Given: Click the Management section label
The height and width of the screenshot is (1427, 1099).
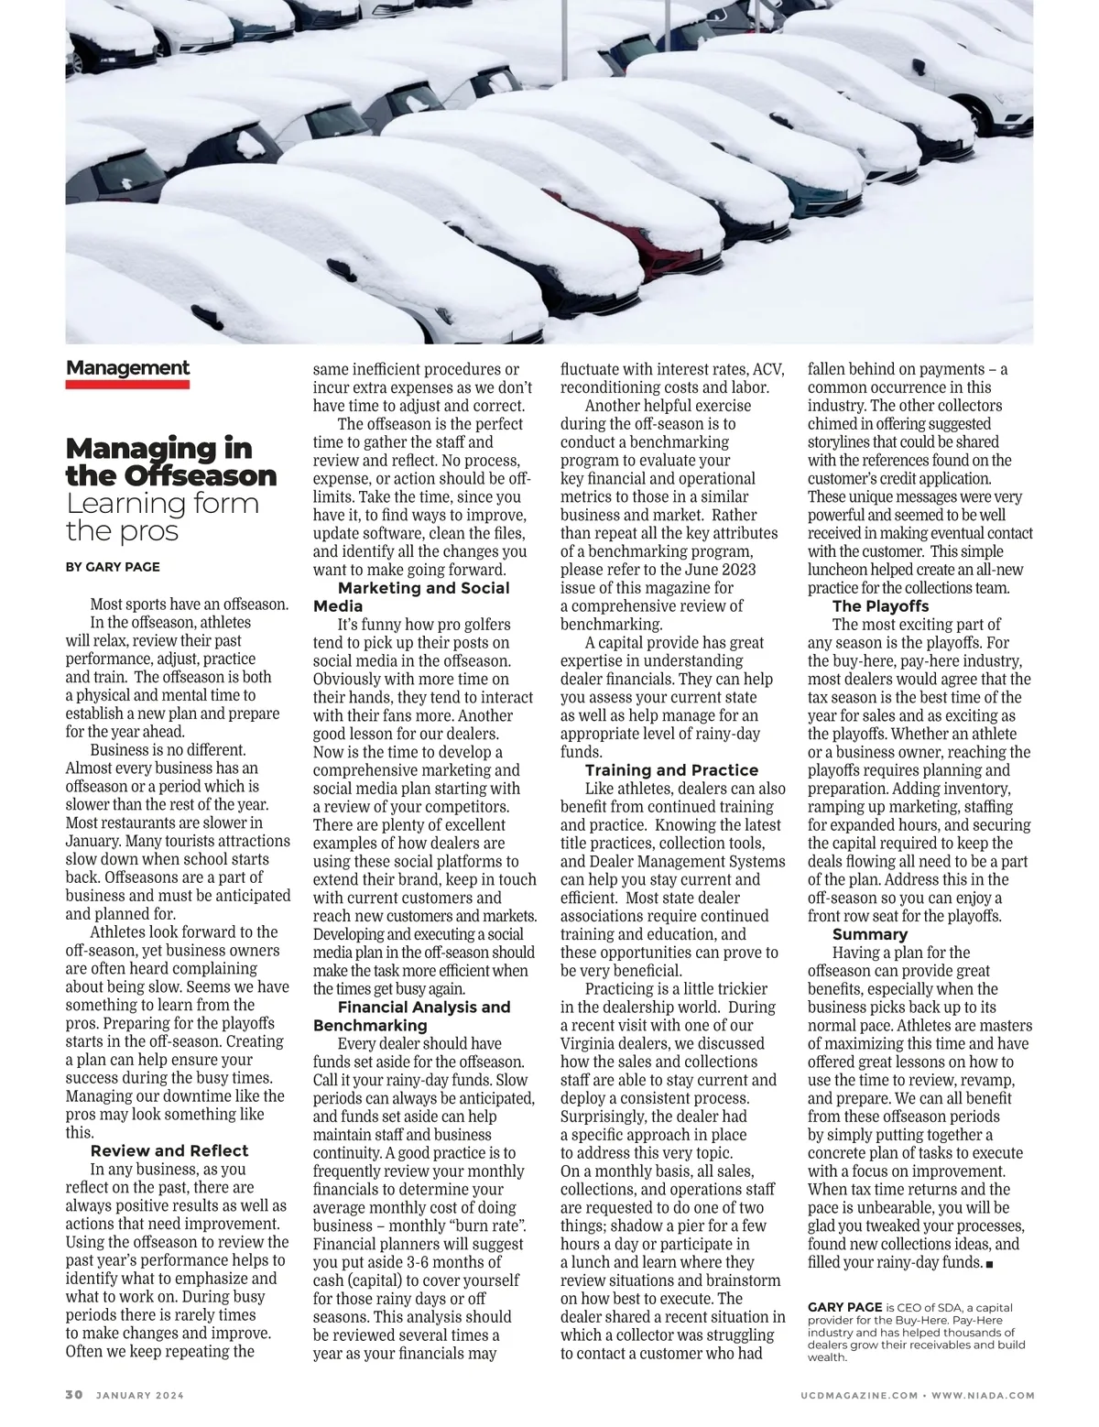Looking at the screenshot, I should [x=127, y=368].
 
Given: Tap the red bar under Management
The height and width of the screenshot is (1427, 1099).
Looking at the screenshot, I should [x=127, y=385].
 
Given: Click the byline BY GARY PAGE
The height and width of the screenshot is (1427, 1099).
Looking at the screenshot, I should [x=113, y=567].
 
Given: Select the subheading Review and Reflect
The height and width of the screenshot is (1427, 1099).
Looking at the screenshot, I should [x=169, y=1151].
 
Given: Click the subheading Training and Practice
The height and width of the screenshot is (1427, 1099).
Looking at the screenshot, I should [x=671, y=770].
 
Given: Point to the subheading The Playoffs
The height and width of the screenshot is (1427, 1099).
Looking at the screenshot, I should [x=880, y=606].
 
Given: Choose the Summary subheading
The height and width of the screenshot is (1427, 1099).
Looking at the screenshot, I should [x=869, y=934].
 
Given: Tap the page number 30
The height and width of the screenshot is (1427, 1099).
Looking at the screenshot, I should [x=74, y=1395].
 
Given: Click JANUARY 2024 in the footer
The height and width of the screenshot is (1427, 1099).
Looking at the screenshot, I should [x=138, y=1396].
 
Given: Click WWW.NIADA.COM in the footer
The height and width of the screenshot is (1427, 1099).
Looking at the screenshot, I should [x=985, y=1396].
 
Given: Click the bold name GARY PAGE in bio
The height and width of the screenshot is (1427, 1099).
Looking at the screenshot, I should [x=844, y=1307].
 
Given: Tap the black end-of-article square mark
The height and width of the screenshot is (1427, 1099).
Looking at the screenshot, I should [x=991, y=1264].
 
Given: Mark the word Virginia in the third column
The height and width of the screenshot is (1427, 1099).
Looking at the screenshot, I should [x=591, y=1044].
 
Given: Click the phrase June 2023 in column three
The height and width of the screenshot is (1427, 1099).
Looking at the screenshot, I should [x=720, y=570].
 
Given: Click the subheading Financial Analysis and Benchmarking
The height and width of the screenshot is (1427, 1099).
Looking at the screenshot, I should [x=412, y=1017].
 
